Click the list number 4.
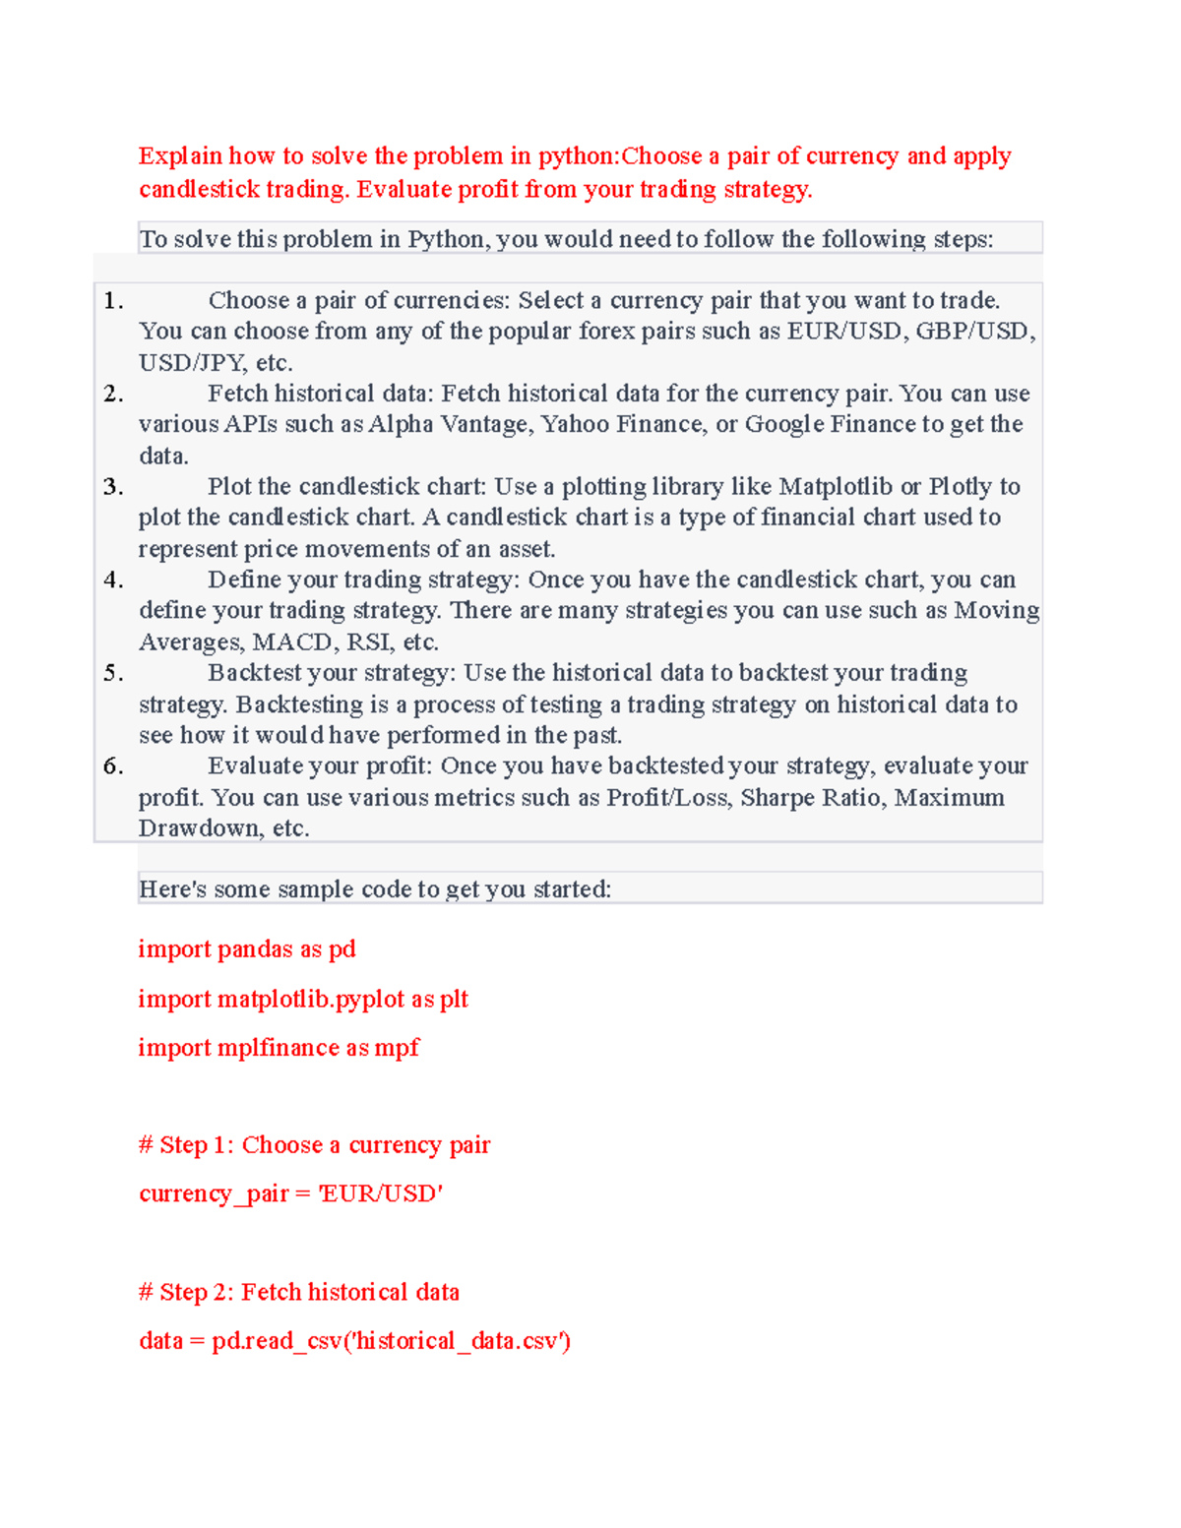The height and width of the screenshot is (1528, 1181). [x=113, y=580]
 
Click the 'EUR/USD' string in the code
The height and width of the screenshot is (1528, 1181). [x=381, y=1194]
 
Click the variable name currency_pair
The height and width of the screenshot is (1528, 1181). [x=214, y=1194]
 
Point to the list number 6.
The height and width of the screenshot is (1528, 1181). [x=113, y=766]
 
